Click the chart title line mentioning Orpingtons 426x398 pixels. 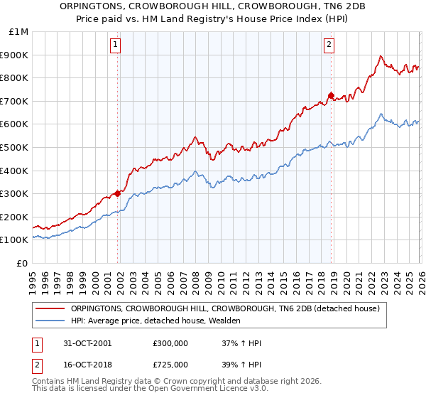213,7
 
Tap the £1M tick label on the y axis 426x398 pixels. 19,32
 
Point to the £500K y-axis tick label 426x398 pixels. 16,147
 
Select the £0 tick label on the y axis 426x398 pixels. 23,263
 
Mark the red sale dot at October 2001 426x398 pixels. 117,193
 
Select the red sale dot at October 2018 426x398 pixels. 331,95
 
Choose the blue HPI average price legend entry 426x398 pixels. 156,321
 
